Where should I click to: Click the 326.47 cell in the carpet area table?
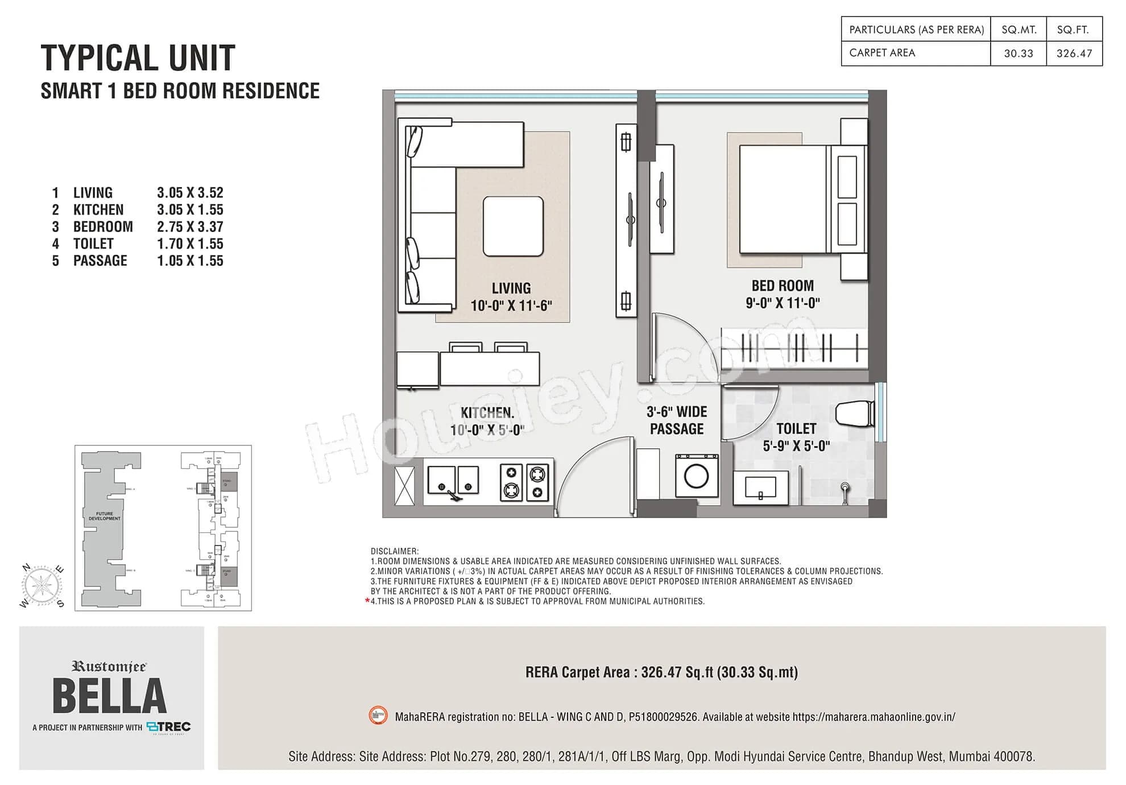click(1074, 53)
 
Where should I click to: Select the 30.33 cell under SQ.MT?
click(1018, 53)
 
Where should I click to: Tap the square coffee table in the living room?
click(513, 226)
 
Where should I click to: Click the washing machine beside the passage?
click(696, 476)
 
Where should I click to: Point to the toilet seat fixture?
click(855, 414)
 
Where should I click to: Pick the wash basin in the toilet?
click(760, 488)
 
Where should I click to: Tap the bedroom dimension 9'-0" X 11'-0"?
click(783, 303)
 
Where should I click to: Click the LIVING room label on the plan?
click(511, 288)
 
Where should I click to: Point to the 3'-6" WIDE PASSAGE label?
click(677, 420)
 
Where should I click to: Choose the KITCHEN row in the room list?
click(98, 210)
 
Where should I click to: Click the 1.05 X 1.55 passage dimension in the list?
click(190, 261)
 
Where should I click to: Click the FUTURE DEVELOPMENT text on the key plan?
click(105, 516)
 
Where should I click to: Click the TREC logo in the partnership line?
click(169, 726)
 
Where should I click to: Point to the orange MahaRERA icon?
click(378, 716)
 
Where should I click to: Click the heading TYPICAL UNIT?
click(138, 58)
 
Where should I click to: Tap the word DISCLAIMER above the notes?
click(394, 551)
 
